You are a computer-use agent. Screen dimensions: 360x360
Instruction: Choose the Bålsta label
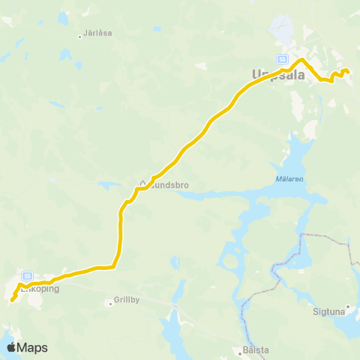(250, 349)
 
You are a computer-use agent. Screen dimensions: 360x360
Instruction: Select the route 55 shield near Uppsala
(282, 58)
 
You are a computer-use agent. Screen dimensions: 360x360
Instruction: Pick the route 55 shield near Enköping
(27, 275)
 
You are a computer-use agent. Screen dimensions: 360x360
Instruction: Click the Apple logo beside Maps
(12, 347)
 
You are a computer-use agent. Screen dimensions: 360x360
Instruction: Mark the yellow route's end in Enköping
(12, 301)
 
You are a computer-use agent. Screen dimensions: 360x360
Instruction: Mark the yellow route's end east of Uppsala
(347, 72)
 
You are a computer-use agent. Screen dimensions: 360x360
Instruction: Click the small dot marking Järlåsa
(80, 35)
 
